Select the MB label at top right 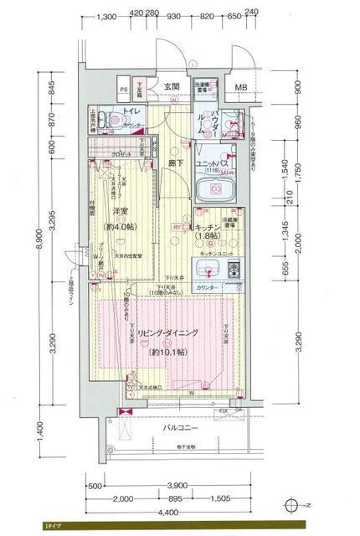click(239, 87)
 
